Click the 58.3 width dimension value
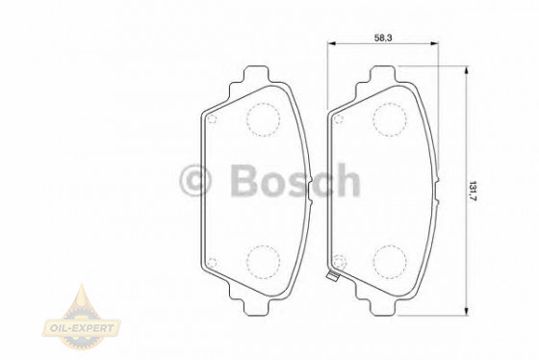(383, 38)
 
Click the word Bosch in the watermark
(294, 180)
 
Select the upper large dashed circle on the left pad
(263, 119)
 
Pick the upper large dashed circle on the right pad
(389, 119)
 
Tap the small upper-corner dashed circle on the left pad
(214, 120)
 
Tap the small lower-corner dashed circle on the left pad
(214, 258)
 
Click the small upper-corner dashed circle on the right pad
(339, 120)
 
